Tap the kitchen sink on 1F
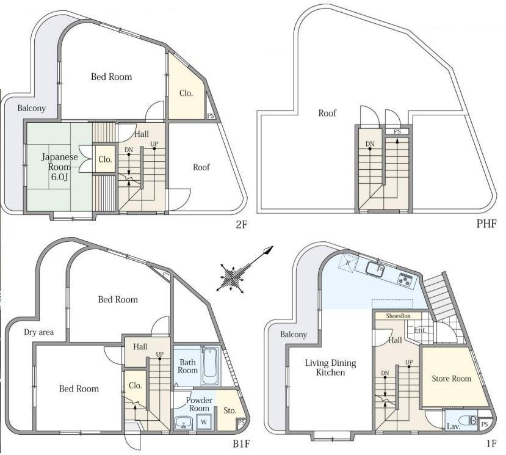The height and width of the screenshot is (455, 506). point(375,269)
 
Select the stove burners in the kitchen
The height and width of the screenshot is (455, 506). point(405,279)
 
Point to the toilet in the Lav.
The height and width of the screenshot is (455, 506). point(469,420)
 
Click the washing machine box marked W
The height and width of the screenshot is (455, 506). point(204,422)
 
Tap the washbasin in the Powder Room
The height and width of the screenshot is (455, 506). point(183,423)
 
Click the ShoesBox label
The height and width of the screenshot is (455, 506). point(398,316)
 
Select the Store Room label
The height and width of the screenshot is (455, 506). point(451,379)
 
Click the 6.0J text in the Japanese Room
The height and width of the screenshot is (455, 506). point(59,177)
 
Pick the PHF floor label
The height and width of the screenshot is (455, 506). point(486,224)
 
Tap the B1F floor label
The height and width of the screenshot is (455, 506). point(241,445)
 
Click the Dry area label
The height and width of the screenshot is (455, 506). point(38,332)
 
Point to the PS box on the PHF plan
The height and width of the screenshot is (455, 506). point(397,131)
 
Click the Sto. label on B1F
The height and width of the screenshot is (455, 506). point(230,411)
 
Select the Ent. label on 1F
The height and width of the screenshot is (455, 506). point(420,330)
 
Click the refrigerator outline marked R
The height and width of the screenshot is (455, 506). point(347,262)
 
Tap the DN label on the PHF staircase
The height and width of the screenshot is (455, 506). point(370,144)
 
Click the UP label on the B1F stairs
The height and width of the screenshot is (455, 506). point(159,354)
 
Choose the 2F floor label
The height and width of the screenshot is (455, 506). point(241,224)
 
